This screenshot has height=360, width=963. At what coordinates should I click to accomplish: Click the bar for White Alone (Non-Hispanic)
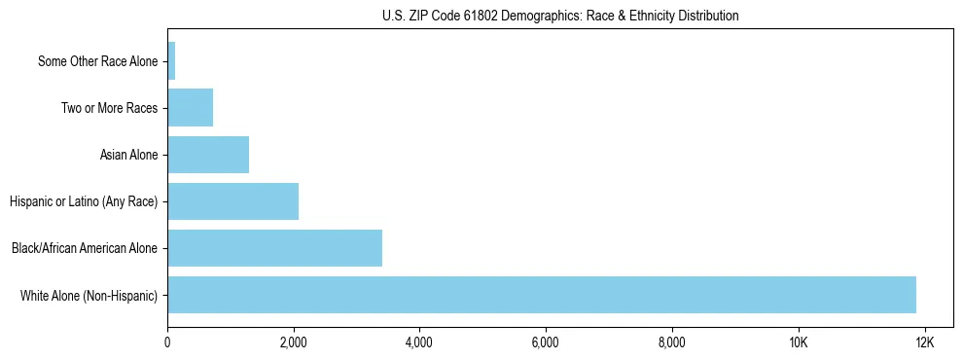pyautogui.click(x=542, y=295)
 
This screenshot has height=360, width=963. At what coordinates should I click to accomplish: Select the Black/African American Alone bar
pyautogui.click(x=274, y=248)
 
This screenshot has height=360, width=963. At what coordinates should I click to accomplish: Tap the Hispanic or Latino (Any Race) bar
pyautogui.click(x=232, y=201)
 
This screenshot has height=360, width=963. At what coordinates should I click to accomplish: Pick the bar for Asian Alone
pyautogui.click(x=208, y=155)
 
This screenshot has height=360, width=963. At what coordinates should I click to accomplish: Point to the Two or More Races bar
pyautogui.click(x=190, y=108)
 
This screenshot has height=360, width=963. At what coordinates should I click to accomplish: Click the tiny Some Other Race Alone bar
pyautogui.click(x=171, y=61)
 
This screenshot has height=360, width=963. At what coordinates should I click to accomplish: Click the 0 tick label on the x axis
pyautogui.click(x=167, y=343)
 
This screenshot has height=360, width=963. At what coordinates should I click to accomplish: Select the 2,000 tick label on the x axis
pyautogui.click(x=293, y=343)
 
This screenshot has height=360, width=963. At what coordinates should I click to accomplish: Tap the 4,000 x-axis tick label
pyautogui.click(x=419, y=343)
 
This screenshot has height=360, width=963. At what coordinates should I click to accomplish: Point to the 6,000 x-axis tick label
pyautogui.click(x=546, y=343)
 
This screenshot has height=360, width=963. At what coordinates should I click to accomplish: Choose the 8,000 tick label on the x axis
pyautogui.click(x=671, y=343)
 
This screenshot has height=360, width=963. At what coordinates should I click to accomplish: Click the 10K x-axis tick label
pyautogui.click(x=798, y=343)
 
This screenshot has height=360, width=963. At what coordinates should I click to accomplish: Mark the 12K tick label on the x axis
pyautogui.click(x=924, y=343)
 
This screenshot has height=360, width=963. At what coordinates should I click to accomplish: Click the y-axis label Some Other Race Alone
pyautogui.click(x=97, y=61)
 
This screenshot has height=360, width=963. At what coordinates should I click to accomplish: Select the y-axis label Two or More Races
pyautogui.click(x=109, y=108)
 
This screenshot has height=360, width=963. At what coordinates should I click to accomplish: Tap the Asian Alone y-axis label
pyautogui.click(x=128, y=155)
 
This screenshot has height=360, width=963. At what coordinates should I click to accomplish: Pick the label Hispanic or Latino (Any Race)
pyautogui.click(x=83, y=201)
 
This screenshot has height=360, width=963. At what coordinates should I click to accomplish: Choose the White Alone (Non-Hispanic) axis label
pyautogui.click(x=89, y=295)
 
